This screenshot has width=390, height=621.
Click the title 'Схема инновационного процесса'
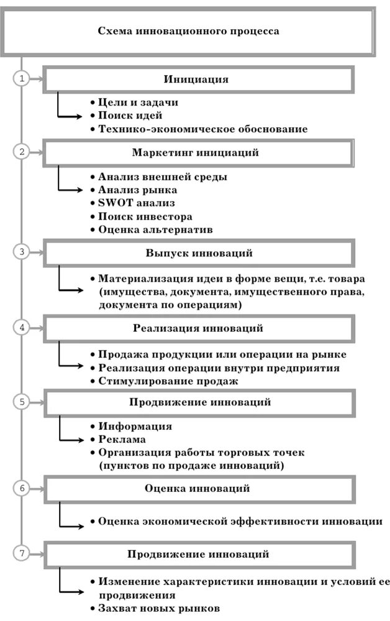(188, 30)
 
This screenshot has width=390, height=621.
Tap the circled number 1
(22, 79)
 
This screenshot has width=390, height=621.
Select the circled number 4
(22, 328)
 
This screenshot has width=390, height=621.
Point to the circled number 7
(22, 553)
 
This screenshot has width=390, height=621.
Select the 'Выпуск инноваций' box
(199, 253)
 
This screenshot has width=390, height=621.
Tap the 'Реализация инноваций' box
(198, 328)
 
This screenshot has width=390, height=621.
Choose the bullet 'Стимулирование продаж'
(168, 380)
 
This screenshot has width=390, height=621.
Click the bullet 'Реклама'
(121, 439)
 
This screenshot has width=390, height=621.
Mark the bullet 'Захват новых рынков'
(158, 609)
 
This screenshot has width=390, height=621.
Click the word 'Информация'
(135, 426)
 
